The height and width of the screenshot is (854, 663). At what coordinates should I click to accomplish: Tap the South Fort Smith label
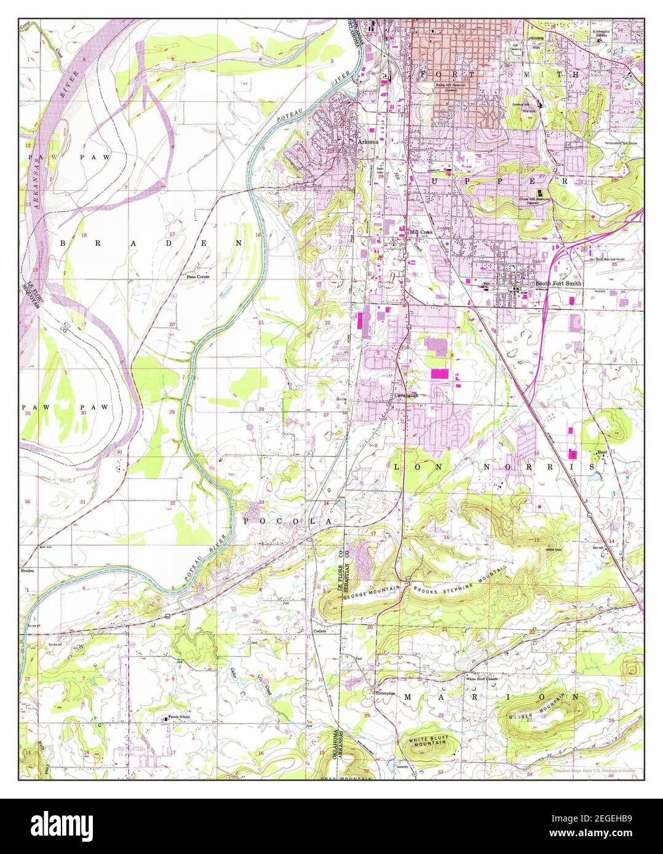click(x=558, y=283)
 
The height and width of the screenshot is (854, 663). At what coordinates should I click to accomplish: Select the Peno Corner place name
click(x=199, y=277)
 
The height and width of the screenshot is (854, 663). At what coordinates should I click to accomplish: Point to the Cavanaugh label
click(x=407, y=396)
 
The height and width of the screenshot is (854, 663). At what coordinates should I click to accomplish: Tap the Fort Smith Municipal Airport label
click(x=606, y=259)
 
